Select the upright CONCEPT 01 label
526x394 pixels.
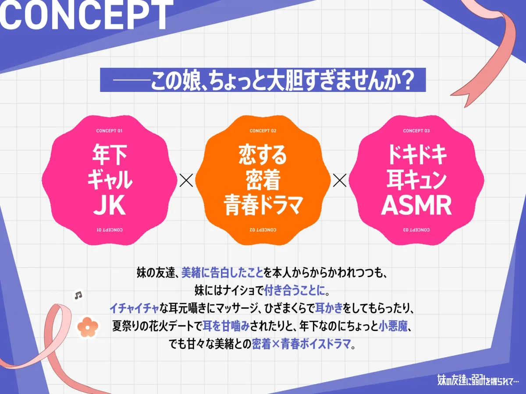click(109, 131)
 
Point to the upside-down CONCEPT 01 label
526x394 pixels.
click(109, 229)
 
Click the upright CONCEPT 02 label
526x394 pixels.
click(263, 131)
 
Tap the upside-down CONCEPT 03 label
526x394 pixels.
click(416, 229)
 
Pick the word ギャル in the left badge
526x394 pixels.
click(110, 180)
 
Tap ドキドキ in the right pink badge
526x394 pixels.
click(416, 155)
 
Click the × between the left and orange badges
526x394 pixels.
click(186, 180)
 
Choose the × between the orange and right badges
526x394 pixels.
click(339, 180)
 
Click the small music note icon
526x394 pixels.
click(78, 295)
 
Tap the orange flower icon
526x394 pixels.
click(87, 326)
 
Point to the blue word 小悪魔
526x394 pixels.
click(397, 326)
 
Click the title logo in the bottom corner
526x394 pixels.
click(478, 380)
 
